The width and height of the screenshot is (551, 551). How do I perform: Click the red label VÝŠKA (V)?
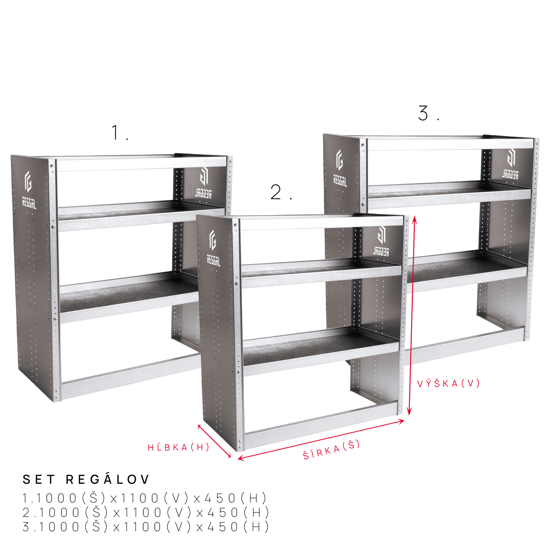tap(448, 384)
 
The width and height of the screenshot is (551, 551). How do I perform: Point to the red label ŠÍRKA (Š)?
tap(331, 450)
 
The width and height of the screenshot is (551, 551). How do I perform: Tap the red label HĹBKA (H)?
tap(178, 447)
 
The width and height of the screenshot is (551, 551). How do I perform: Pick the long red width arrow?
tap(321, 440)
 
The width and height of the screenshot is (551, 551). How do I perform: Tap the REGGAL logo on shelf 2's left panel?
tap(213, 248)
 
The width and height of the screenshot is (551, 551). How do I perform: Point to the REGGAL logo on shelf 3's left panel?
tap(340, 168)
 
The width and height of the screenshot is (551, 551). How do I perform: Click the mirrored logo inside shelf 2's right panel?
tap(381, 241)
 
